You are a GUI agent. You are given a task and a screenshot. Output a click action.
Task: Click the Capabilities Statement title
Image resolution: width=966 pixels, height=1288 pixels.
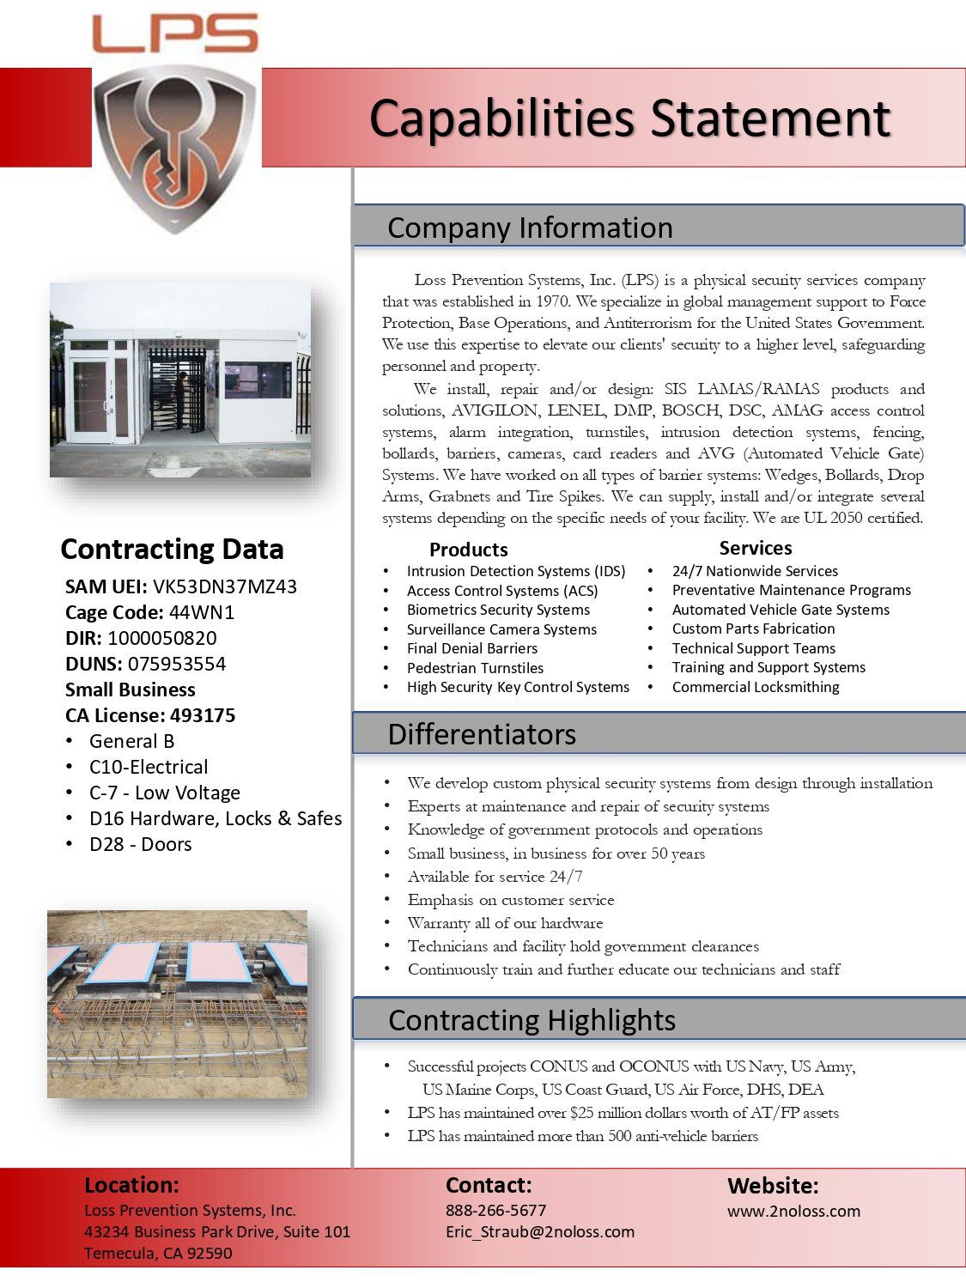click(629, 118)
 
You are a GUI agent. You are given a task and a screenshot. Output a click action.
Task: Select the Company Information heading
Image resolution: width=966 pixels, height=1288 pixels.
click(530, 228)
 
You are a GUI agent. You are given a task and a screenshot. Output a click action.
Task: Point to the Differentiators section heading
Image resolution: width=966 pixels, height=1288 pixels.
click(482, 734)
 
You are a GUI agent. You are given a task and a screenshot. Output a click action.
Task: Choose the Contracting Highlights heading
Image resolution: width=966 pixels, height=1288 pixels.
click(532, 1020)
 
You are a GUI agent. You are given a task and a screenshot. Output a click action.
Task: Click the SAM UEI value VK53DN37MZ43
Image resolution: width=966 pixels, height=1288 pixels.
click(225, 586)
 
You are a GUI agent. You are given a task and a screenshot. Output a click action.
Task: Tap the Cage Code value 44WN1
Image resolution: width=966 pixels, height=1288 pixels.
click(202, 612)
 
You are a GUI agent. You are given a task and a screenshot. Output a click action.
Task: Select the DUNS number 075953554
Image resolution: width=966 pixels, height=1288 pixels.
click(177, 664)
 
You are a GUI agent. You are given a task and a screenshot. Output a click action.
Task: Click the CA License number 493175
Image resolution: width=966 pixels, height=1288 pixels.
click(203, 715)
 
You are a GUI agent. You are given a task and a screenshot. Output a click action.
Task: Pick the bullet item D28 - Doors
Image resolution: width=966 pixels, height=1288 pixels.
click(140, 844)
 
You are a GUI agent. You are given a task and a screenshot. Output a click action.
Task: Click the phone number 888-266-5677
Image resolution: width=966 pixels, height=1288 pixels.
click(495, 1210)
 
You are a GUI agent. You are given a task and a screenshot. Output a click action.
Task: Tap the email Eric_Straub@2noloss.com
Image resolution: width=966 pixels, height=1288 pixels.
click(539, 1231)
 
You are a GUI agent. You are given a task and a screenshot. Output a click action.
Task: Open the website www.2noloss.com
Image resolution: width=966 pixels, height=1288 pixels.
click(793, 1211)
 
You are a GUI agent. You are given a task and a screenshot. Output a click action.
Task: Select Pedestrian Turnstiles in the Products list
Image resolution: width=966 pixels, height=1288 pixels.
click(475, 668)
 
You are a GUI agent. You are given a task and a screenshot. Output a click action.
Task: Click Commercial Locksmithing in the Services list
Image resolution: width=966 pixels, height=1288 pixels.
click(756, 687)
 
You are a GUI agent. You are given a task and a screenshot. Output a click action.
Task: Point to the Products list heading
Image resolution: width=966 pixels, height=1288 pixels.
click(468, 550)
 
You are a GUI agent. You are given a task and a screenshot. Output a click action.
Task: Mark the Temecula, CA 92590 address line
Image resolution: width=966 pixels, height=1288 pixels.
click(158, 1253)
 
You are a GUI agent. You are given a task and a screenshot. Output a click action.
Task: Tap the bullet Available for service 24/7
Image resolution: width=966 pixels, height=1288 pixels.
click(495, 877)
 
